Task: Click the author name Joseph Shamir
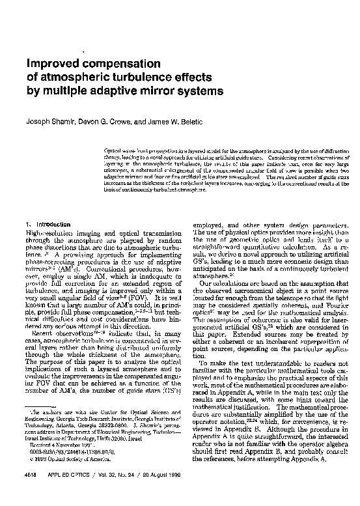47,121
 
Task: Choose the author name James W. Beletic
160,121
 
